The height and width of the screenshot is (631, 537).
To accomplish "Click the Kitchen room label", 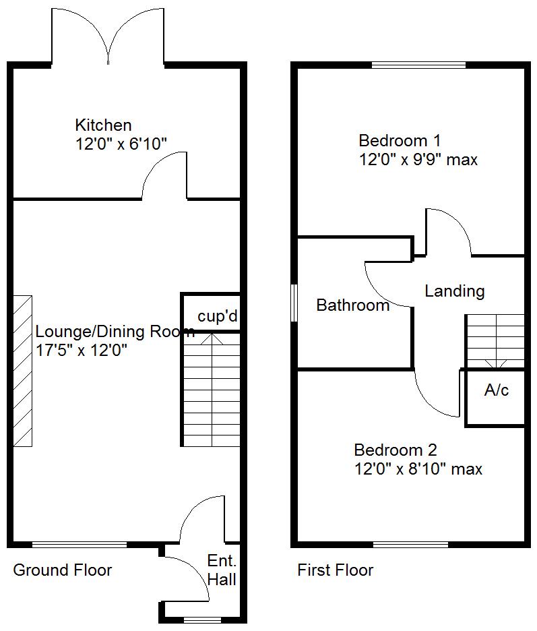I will (x=103, y=125).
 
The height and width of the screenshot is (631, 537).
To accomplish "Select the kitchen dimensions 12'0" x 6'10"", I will (x=121, y=143).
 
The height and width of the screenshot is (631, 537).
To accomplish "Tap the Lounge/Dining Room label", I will (x=115, y=332).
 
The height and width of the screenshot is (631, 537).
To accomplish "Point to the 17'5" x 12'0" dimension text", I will (x=81, y=351).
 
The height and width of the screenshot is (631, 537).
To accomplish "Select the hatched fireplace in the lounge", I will (x=23, y=370).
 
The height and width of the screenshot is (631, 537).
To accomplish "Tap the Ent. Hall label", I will (x=222, y=570).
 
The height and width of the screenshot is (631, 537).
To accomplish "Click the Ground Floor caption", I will (x=63, y=570).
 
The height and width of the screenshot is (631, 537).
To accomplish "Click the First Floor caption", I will (x=336, y=570).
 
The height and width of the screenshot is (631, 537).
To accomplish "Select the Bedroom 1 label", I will (x=400, y=141).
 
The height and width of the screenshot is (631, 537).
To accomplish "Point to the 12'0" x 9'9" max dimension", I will (x=418, y=160).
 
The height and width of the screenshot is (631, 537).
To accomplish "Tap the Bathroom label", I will (x=353, y=305).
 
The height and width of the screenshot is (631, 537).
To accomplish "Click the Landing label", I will (x=454, y=291).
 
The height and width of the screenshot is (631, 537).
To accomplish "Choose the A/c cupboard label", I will (x=497, y=390).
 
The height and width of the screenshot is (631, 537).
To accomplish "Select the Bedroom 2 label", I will (x=396, y=450).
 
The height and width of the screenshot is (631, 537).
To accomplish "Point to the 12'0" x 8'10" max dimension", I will (x=418, y=469).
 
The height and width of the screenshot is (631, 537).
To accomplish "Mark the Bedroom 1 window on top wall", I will (x=418, y=65).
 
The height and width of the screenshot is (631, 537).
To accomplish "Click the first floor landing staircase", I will (x=495, y=341).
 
